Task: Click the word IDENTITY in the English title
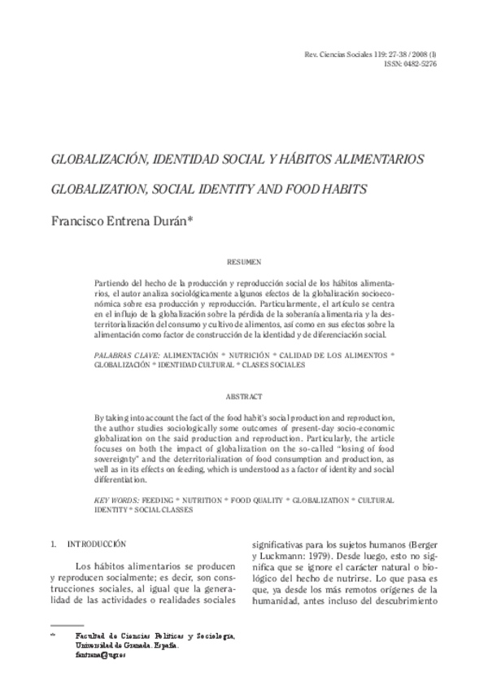point(240,190)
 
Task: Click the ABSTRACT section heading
point(244,395)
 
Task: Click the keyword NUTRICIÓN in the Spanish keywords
point(254,356)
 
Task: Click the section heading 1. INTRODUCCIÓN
point(94,541)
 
